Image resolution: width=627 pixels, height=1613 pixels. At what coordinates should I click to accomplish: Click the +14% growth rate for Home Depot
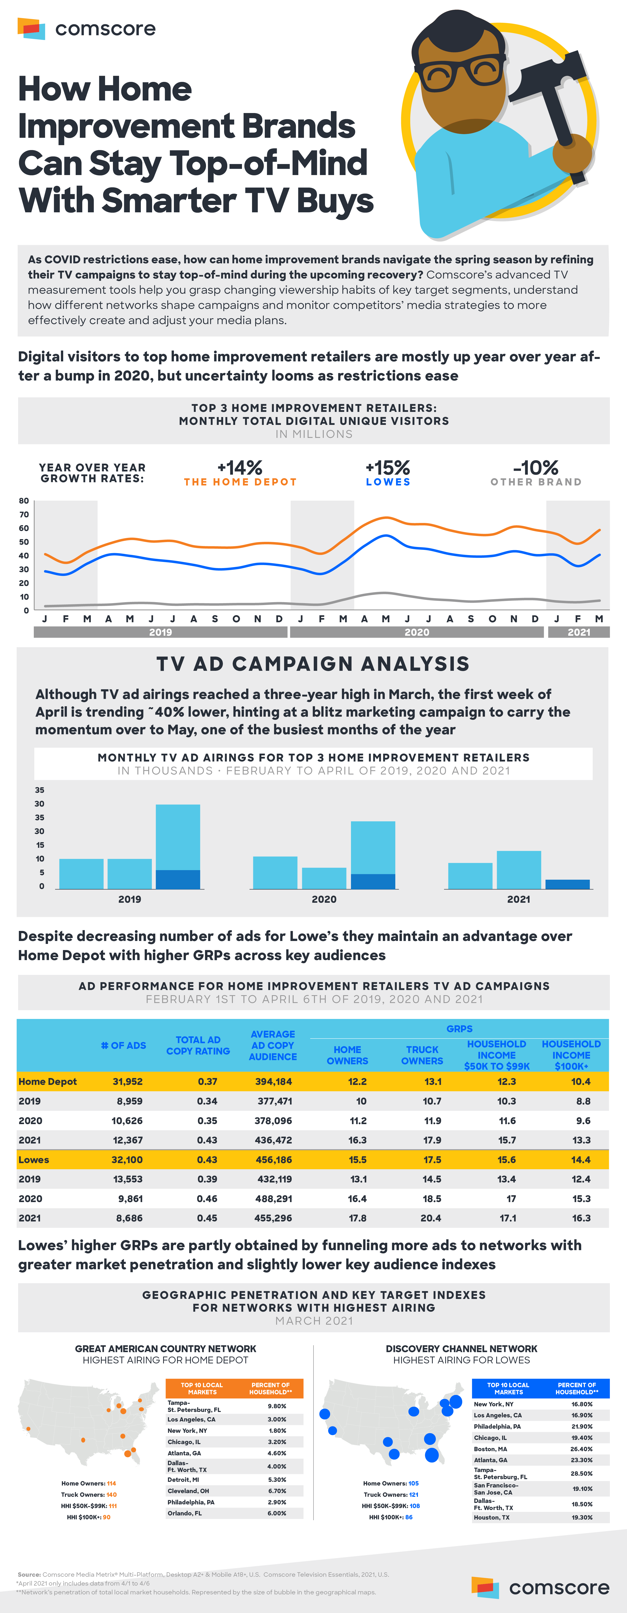(240, 468)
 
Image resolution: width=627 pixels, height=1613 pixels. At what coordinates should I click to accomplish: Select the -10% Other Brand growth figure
(536, 468)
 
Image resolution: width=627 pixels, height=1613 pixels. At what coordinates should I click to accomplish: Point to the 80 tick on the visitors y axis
(24, 501)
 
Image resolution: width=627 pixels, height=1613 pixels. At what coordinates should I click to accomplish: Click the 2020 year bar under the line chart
(417, 632)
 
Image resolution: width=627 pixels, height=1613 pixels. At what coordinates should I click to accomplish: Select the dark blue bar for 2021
(567, 884)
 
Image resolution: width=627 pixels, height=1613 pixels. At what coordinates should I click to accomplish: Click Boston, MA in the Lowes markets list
(491, 1449)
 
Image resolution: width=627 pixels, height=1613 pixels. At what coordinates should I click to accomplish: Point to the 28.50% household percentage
(581, 1473)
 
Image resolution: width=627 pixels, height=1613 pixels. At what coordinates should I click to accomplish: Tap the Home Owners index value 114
(111, 1483)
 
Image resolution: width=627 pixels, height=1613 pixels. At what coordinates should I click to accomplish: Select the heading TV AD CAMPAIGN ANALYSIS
(313, 664)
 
